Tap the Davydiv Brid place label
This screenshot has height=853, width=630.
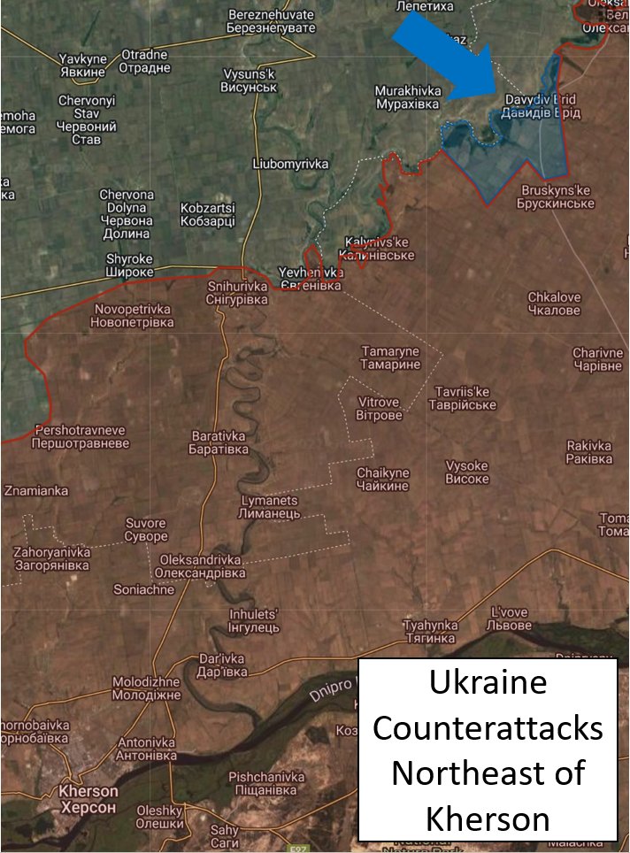click(542, 106)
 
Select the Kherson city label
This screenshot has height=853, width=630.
click(88, 798)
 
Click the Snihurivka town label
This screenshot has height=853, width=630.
click(237, 293)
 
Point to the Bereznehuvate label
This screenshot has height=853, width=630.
click(272, 22)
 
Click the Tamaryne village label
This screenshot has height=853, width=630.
click(390, 358)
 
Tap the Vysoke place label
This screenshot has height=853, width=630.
click(466, 473)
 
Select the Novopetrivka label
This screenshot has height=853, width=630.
click(132, 317)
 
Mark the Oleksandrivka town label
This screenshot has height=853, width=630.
click(202, 566)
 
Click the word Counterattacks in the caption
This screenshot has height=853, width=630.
click(488, 728)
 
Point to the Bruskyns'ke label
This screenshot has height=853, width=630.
click(557, 197)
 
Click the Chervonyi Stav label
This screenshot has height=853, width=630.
click(87, 119)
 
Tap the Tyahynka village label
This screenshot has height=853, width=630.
click(429, 631)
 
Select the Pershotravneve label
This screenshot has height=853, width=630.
click(79, 436)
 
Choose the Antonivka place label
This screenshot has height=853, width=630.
click(147, 749)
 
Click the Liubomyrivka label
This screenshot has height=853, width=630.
click(290, 165)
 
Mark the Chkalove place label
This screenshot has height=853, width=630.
click(554, 304)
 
